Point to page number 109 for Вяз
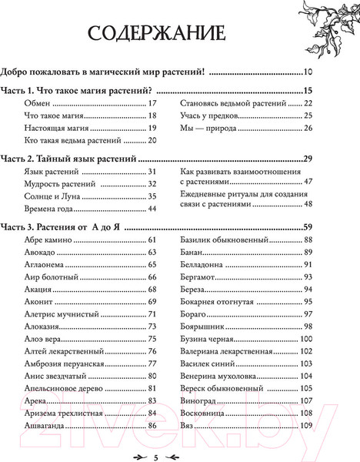coord(307,425)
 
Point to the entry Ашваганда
coord(45,425)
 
